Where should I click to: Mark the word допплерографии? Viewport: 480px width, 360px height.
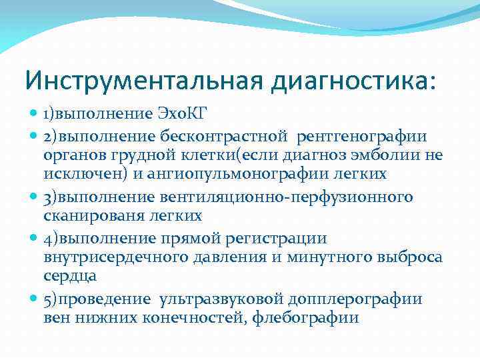(349, 298)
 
